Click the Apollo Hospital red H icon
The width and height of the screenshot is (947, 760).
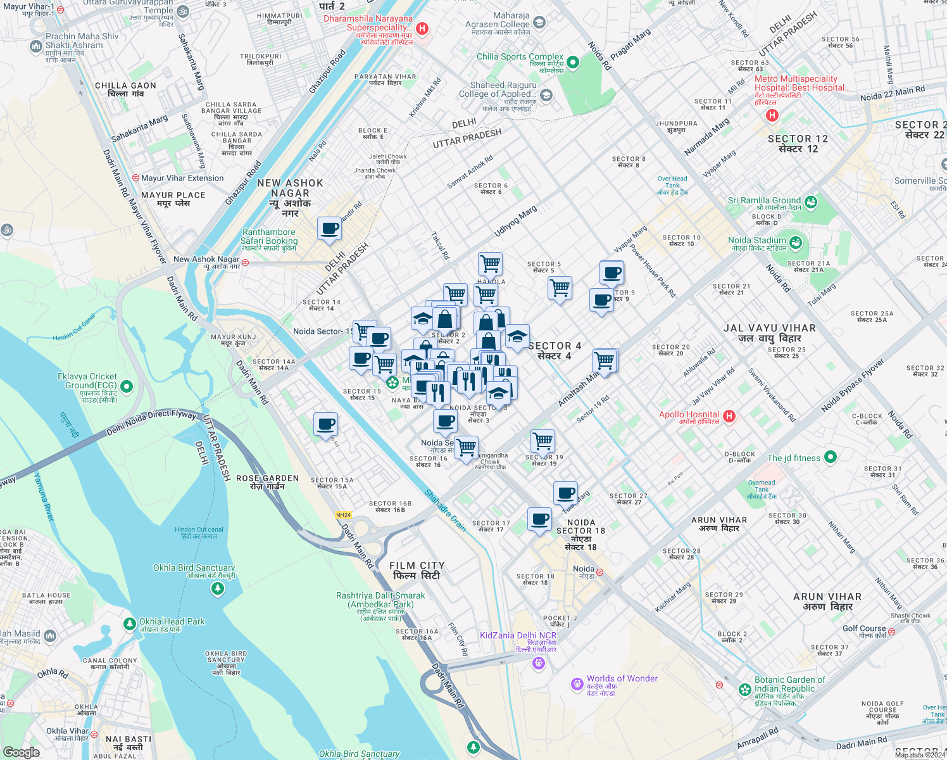click(x=729, y=416)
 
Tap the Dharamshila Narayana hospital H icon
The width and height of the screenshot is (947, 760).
click(x=422, y=28)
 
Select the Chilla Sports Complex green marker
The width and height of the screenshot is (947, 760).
click(x=573, y=62)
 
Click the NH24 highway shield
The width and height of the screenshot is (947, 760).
click(x=343, y=515)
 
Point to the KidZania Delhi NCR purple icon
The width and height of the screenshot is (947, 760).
click(x=539, y=663)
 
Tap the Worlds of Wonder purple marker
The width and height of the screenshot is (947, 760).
click(x=577, y=684)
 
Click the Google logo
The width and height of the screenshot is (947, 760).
click(x=21, y=752)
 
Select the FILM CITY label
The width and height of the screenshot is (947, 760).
click(x=417, y=570)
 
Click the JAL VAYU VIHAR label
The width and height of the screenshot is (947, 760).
click(x=770, y=333)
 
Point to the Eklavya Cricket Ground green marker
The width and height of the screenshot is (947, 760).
click(x=127, y=386)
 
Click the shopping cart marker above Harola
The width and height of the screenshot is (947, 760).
click(x=490, y=263)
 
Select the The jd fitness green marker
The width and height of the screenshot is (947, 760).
click(x=831, y=457)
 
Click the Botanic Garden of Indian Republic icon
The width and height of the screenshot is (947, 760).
click(x=745, y=689)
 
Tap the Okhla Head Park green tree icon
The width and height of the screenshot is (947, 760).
click(x=130, y=624)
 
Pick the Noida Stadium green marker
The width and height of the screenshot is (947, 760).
click(x=796, y=242)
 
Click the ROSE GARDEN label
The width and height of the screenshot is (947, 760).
click(x=267, y=482)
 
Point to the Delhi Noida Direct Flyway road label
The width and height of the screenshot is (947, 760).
click(x=151, y=422)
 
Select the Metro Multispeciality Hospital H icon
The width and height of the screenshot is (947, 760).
click(x=772, y=115)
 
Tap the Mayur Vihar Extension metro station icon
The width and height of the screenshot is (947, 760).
click(x=135, y=178)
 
